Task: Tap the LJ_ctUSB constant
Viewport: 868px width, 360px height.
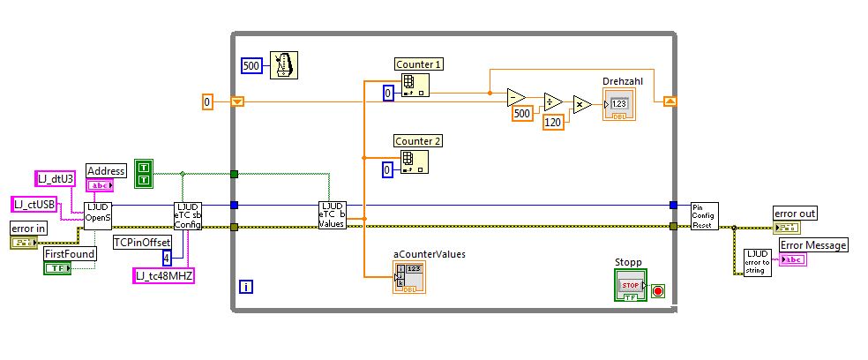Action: (x=34, y=205)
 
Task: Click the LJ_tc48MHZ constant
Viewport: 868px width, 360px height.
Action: (x=163, y=276)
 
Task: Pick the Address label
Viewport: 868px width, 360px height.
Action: (x=106, y=170)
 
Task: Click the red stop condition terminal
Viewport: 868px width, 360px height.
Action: (x=655, y=289)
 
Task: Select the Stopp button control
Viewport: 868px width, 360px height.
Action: (x=630, y=284)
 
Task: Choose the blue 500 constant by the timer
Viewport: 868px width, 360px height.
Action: (x=251, y=65)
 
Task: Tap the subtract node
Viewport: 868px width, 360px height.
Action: (x=516, y=96)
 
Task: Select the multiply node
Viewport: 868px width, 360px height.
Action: (x=583, y=106)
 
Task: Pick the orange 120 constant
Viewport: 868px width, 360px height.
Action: (x=553, y=123)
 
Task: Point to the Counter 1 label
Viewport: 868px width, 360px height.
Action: (x=419, y=64)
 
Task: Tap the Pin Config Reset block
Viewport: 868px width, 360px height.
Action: (x=704, y=215)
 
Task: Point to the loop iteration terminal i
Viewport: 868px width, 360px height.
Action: (x=247, y=285)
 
